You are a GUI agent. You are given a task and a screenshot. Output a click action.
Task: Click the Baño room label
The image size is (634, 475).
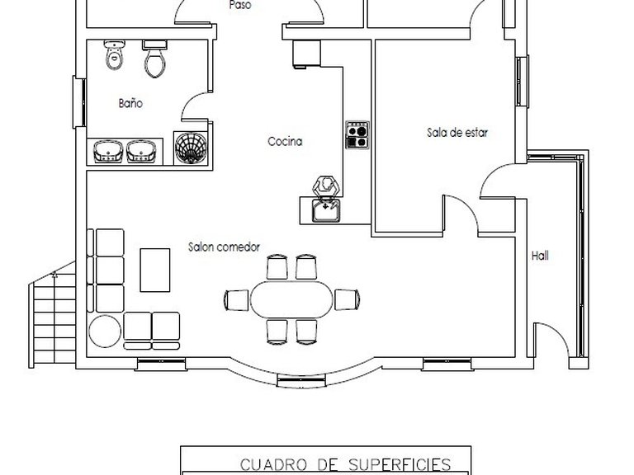[x=130, y=103]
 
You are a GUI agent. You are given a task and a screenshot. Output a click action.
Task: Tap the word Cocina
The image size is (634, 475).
[x=285, y=141]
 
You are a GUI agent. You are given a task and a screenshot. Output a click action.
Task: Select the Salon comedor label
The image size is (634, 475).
[x=224, y=247]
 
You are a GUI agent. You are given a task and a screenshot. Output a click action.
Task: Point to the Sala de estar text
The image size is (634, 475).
[x=457, y=133]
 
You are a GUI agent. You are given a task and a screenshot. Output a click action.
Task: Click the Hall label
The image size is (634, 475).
[x=540, y=256]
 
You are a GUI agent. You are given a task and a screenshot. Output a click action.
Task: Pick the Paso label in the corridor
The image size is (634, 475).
[x=240, y=5]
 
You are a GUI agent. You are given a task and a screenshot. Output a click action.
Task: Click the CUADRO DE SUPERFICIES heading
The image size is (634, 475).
[x=346, y=464]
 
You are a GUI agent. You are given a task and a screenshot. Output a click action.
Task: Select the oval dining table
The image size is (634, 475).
[x=291, y=299]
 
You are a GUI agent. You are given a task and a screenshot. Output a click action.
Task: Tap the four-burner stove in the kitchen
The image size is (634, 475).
[x=357, y=135]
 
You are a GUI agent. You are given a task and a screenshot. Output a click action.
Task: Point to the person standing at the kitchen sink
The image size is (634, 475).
[x=325, y=186]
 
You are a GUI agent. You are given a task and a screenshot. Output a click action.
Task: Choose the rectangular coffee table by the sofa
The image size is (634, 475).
[x=155, y=270]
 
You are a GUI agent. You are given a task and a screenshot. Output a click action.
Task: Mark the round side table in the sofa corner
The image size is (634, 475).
[x=105, y=332]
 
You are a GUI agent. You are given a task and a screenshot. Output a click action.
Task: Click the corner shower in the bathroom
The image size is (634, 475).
[x=191, y=148]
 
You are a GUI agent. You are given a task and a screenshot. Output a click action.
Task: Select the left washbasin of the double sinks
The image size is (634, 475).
[x=108, y=152]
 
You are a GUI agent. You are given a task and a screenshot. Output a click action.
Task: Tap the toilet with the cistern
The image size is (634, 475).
[x=154, y=59]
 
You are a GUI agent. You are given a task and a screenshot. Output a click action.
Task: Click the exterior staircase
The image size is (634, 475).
[x=52, y=315]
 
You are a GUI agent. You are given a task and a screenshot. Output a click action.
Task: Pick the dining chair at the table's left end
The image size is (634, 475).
[x=237, y=300]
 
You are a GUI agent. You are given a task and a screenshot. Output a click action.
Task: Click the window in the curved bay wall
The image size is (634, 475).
[x=301, y=380]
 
